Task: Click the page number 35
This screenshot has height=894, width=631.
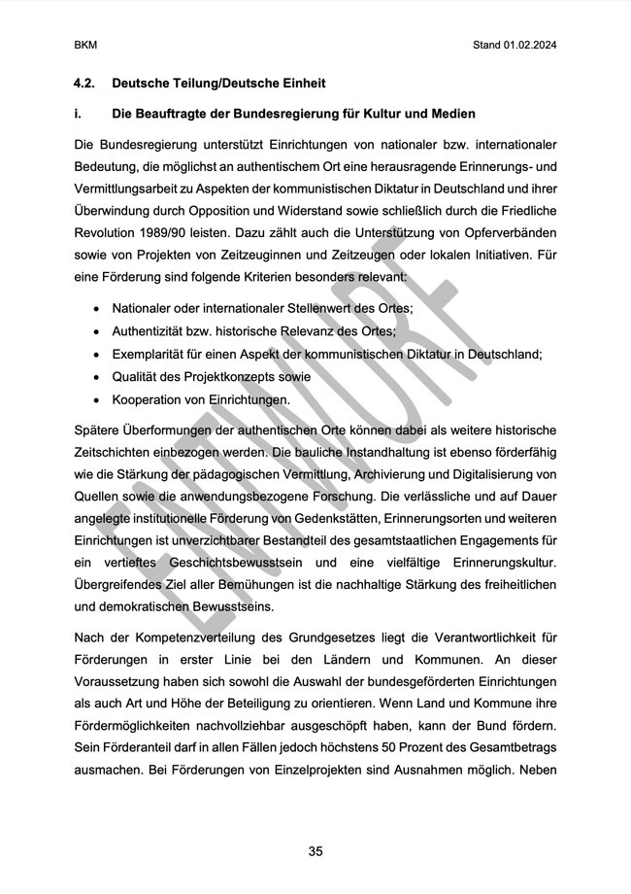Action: [x=315, y=851]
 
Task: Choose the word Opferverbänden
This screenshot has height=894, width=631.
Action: [x=508, y=235]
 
